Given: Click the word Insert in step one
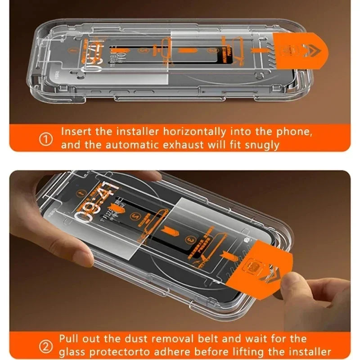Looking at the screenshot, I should (74, 132).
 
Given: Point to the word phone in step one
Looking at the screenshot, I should (294, 132).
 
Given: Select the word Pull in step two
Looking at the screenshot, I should (68, 339).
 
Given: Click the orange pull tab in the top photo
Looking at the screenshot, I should (301, 49).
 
